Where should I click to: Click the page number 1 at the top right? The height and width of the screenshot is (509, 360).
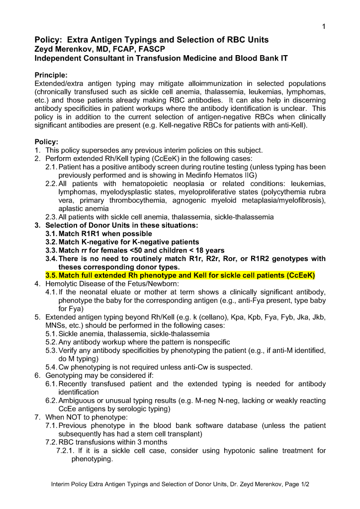click(324, 27)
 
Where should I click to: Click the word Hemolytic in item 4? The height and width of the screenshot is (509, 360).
click(61, 284)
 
